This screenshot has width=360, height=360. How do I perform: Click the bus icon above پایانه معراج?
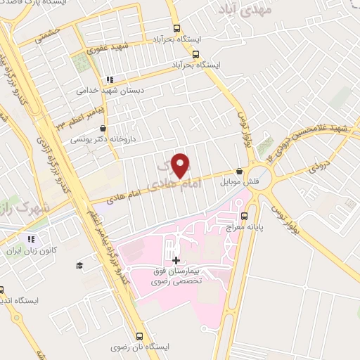click(245, 215)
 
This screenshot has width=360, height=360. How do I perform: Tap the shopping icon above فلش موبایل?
click(240, 170)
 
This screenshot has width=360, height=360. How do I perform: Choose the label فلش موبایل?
click(239, 181)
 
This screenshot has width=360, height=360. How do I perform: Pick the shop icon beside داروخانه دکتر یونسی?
click(104, 129)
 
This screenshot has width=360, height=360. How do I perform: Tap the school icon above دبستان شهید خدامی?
click(109, 79)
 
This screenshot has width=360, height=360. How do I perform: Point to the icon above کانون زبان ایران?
click(30, 239)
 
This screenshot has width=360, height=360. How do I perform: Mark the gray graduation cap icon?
click(79, 264)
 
